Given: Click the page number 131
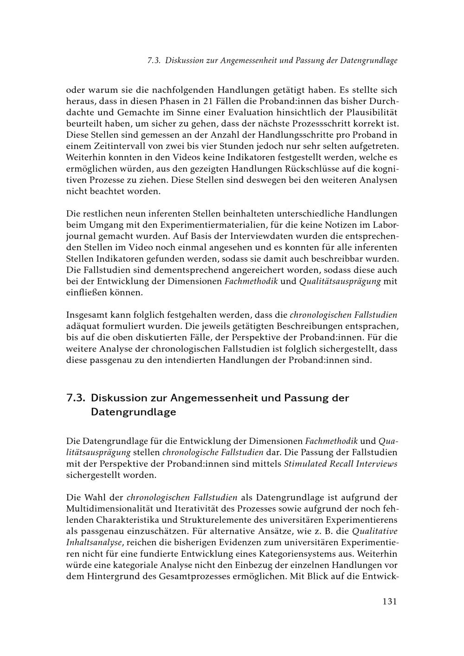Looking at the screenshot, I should [x=390, y=602].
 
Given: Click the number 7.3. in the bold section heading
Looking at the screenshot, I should [x=76, y=398].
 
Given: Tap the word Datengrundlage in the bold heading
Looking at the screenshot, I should [x=133, y=412].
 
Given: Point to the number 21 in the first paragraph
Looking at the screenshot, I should [x=209, y=101].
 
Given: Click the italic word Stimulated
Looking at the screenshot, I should [x=307, y=464].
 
